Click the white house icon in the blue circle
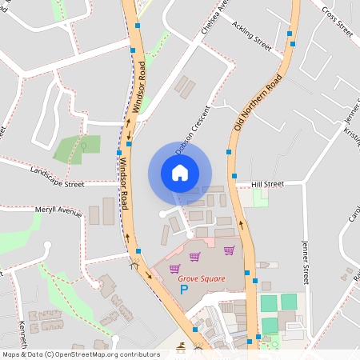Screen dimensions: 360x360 (x=179, y=173)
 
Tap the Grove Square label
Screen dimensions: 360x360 (x=201, y=278)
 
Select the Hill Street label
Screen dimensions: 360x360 (x=267, y=184)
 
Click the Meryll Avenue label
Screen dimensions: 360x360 (x=58, y=213)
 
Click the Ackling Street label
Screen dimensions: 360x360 (x=252, y=37)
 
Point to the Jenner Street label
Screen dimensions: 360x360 (x=305, y=261)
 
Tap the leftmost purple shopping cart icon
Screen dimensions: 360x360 (x=174, y=268)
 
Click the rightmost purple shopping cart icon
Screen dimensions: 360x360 (x=229, y=250)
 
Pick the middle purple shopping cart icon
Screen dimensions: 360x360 (x=195, y=257)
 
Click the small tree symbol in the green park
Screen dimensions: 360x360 (x=84, y=146)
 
